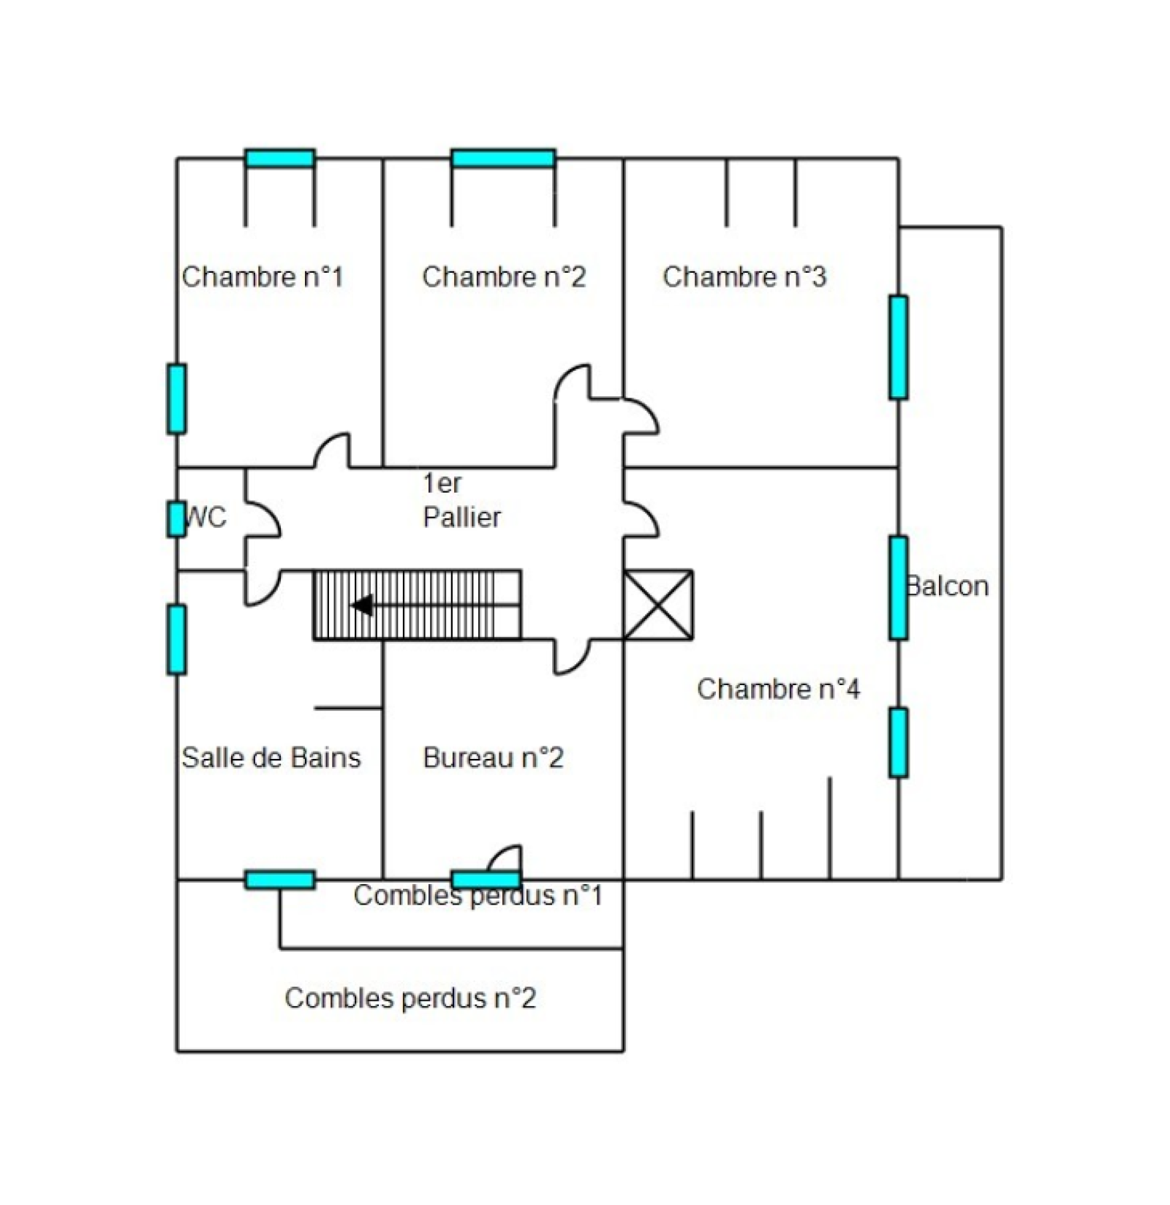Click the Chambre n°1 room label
coord(263,277)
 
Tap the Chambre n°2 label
coord(504,277)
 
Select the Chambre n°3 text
coord(744,277)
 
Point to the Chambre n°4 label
coord(779,689)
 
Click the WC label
coord(206,518)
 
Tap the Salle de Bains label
coord(271,758)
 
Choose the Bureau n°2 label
coord(494,758)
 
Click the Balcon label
coord(948,586)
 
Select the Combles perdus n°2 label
coord(411,998)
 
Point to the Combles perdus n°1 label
coord(478,896)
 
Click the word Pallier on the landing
coord(462,518)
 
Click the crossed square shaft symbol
coord(658,605)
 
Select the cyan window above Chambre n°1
coord(280,159)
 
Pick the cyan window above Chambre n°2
coord(503,159)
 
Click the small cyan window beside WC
coord(176,519)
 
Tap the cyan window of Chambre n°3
coord(899,347)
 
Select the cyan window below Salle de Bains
coord(280,880)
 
